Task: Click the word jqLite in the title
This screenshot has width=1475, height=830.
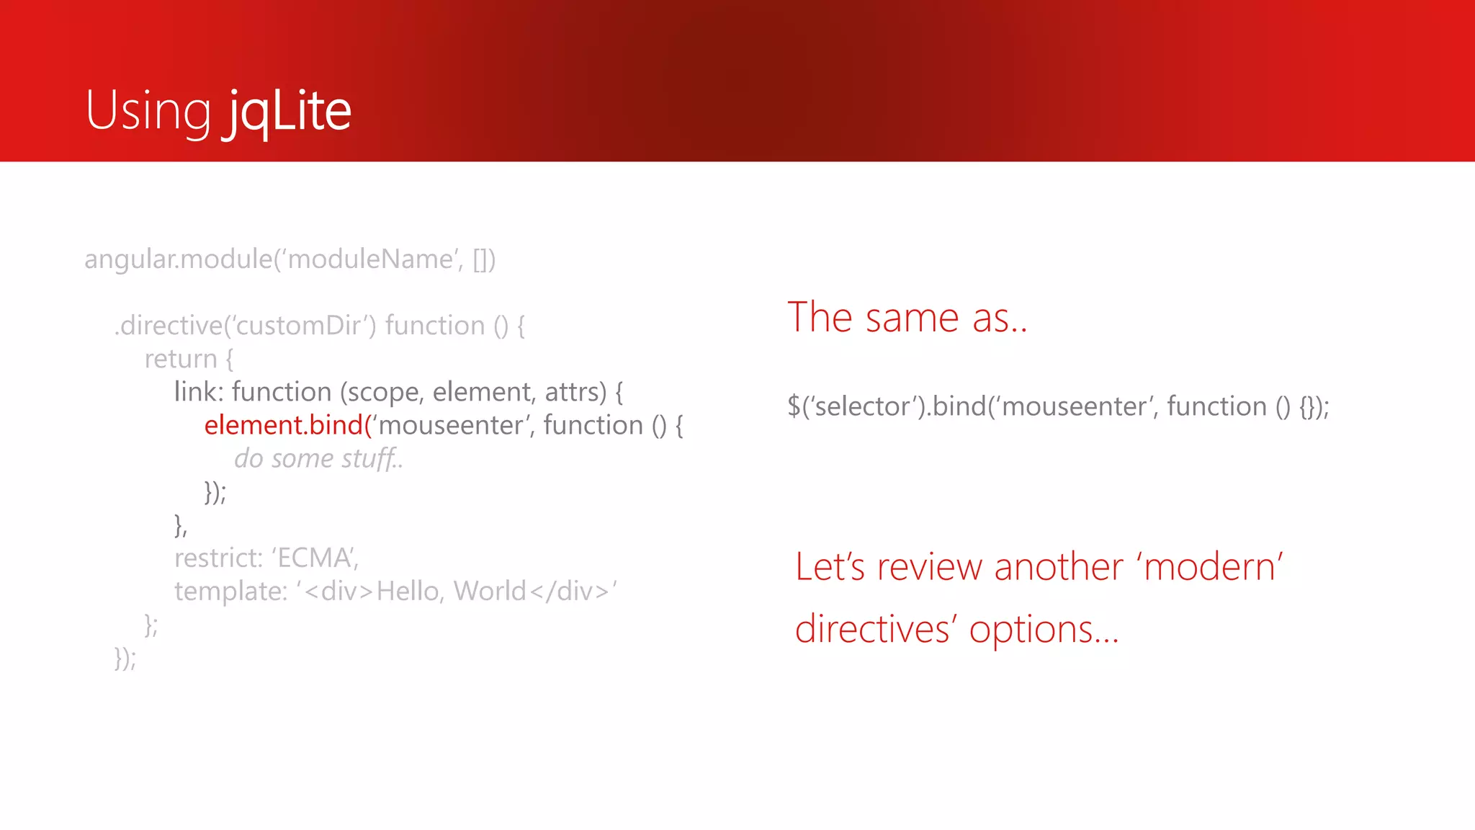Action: coord(287,111)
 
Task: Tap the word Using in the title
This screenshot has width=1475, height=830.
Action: coord(148,111)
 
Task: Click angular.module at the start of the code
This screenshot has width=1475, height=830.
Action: coord(178,259)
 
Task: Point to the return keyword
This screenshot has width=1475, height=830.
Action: coord(181,359)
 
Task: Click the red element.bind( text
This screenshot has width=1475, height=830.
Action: coord(287,425)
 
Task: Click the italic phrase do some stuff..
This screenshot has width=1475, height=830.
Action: coord(318,459)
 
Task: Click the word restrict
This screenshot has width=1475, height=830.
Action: coord(218,558)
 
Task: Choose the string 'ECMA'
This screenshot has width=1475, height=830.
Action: coord(314,558)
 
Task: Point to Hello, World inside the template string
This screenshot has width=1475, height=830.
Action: coord(452,592)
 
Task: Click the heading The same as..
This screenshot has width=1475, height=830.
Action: coord(907,318)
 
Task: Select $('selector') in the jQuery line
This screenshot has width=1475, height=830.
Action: coord(856,407)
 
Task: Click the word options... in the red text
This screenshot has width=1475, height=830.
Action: coord(1044,630)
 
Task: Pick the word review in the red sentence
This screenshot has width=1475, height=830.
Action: coord(929,567)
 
